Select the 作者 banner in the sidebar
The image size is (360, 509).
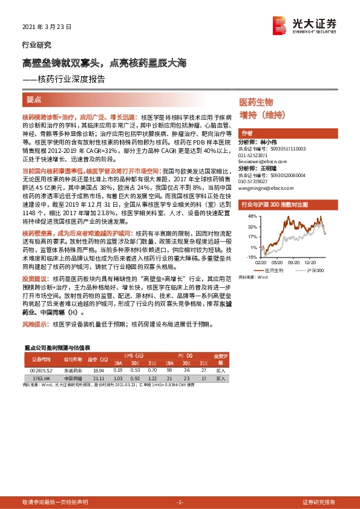(x=247, y=133)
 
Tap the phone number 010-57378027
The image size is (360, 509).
(x=255, y=180)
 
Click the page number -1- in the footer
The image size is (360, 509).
(x=179, y=502)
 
